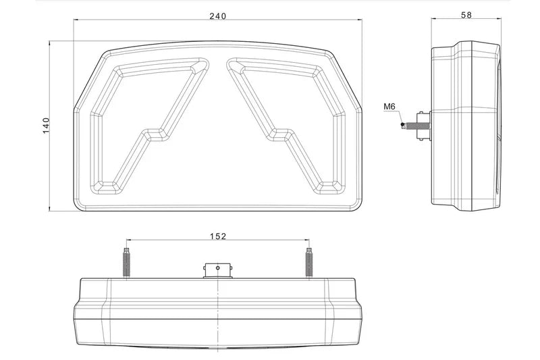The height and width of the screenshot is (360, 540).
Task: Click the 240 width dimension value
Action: click(x=217, y=16)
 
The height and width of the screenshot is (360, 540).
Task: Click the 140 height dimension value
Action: click(x=46, y=126)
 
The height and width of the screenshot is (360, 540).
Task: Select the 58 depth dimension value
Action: click(x=466, y=15)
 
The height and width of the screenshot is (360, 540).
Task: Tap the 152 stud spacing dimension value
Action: click(x=218, y=236)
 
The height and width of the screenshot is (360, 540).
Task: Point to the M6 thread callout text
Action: click(x=389, y=107)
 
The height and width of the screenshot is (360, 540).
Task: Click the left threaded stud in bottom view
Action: click(x=126, y=263)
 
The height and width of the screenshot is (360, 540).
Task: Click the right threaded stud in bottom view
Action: click(x=309, y=263)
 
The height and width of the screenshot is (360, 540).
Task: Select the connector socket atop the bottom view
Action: click(x=217, y=271)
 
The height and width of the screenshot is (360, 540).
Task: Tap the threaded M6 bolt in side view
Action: click(x=410, y=126)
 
